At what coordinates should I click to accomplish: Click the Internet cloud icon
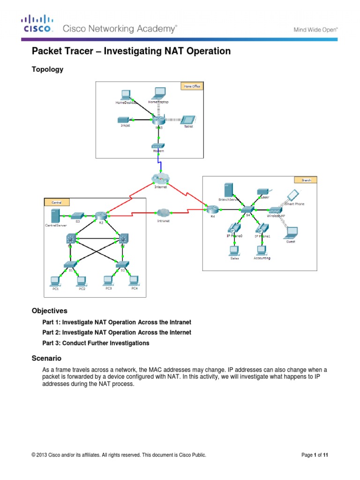tap(160, 179)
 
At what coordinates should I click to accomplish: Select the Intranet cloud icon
tap(162, 212)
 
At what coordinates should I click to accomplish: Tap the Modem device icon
tap(159, 146)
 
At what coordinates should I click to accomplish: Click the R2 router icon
tap(101, 216)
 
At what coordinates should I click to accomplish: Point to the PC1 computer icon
tap(55, 281)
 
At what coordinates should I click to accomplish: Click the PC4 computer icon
tap(134, 280)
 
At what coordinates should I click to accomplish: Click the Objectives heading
tap(49, 311)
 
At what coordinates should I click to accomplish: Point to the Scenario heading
tap(46, 359)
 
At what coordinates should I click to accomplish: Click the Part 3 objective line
tap(96, 343)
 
